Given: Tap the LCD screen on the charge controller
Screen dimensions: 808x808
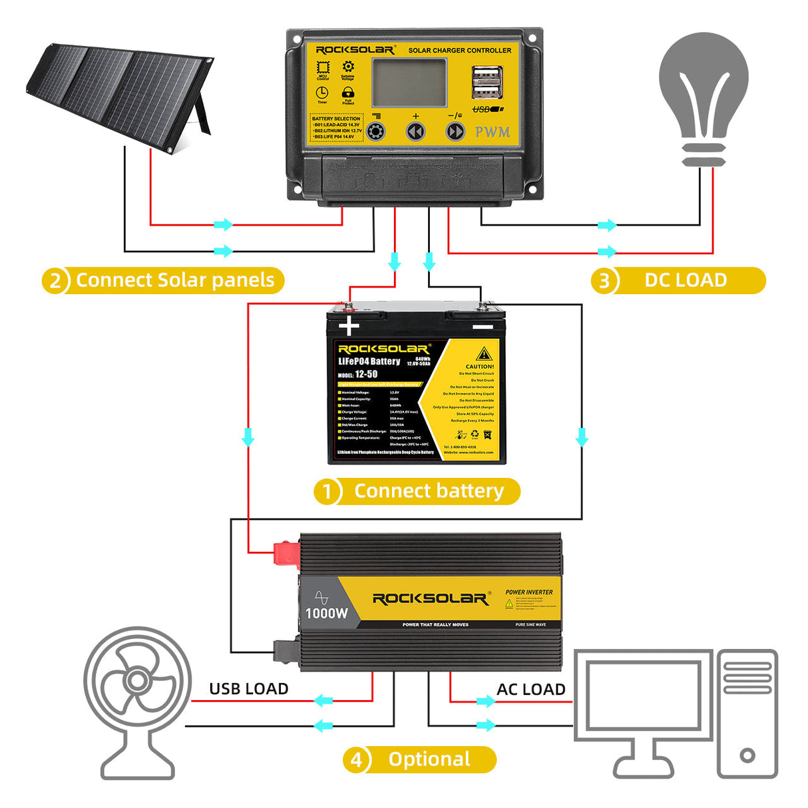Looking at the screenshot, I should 409,82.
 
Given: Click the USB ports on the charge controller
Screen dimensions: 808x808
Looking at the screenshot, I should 487,83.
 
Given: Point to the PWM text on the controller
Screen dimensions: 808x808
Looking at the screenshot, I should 493,132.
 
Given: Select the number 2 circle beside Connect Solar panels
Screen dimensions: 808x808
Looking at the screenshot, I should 55,281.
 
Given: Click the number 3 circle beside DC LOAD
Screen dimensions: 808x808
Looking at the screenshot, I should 604,281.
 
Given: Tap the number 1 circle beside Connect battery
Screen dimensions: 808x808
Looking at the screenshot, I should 327,492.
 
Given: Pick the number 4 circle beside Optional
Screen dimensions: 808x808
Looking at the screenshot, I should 356,760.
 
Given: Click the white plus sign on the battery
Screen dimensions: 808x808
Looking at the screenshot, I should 349,326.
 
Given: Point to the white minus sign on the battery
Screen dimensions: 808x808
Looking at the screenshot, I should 483,327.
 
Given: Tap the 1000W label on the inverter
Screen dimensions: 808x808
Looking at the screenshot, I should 326,613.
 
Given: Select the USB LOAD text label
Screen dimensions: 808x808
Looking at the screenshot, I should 248,689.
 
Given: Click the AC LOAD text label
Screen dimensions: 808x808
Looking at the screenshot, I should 530,690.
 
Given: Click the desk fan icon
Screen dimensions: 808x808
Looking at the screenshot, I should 138,699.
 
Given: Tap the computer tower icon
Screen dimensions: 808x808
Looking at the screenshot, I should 747,712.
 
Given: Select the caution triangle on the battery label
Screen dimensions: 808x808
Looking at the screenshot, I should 484,353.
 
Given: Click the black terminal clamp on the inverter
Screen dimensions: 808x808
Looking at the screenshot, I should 286,650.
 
